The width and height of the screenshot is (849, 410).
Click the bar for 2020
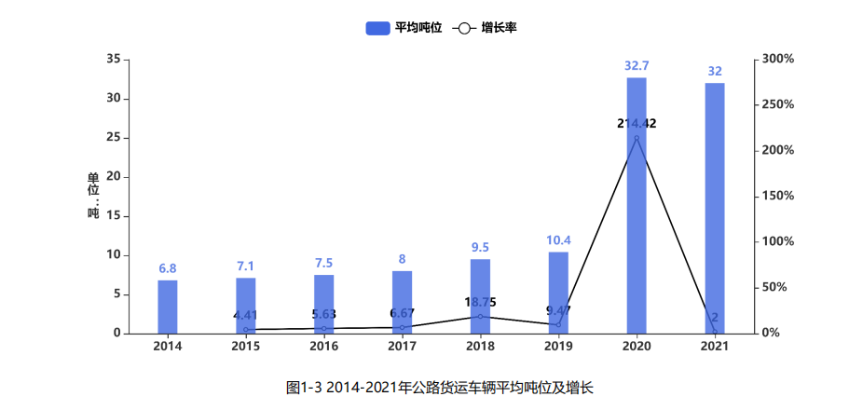637,205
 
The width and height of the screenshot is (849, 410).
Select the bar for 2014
168,307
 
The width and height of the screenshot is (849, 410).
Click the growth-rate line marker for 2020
637,139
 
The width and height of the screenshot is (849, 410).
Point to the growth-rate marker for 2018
480,317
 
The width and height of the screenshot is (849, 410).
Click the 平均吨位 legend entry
403,28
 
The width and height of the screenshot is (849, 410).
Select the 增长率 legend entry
486,28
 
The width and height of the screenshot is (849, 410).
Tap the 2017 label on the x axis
402,348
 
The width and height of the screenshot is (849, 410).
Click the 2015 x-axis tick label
246,348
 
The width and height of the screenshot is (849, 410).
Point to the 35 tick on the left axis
113,60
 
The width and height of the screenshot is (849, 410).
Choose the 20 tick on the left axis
113,177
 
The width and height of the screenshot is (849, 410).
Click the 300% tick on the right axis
777,60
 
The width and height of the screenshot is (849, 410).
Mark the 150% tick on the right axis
777,197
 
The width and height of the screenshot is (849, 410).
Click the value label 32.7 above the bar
637,66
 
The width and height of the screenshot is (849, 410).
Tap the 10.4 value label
558,240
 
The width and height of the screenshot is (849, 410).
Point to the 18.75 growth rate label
480,302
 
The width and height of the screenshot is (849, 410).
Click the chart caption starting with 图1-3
440,387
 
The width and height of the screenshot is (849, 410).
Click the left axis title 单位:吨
93,197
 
